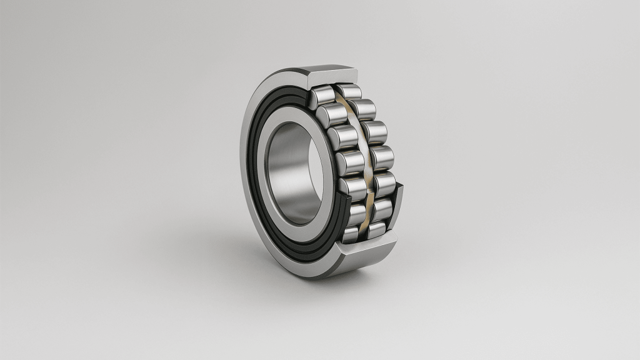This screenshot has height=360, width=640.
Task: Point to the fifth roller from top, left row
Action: (351, 187)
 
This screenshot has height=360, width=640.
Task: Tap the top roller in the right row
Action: (351, 92)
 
